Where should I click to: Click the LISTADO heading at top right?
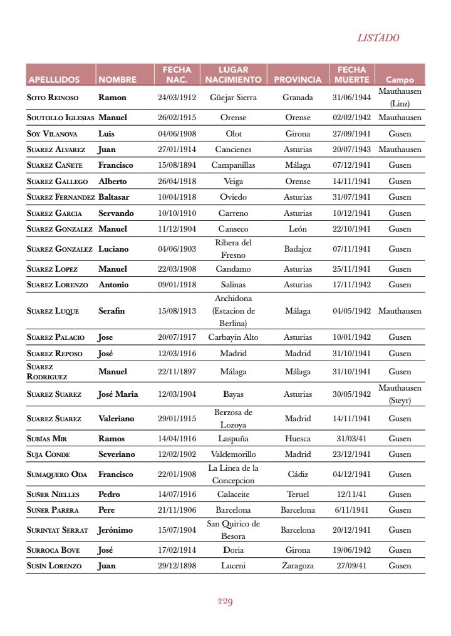(x=378, y=38)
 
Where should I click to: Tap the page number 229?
(x=225, y=602)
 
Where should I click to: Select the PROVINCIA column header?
(x=298, y=80)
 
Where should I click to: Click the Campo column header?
(x=400, y=80)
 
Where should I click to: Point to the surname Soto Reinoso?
(x=53, y=98)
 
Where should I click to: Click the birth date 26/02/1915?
(x=177, y=118)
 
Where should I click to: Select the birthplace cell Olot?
(x=234, y=134)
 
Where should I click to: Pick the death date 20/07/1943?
(x=351, y=150)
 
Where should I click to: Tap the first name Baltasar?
(x=116, y=197)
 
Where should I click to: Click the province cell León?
(x=298, y=229)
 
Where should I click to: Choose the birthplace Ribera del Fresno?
(x=234, y=249)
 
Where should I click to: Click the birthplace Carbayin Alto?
(x=234, y=337)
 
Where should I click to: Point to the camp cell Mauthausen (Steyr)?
(x=400, y=394)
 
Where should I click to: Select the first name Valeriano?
(x=117, y=419)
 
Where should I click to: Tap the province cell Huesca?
(x=298, y=439)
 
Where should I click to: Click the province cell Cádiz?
(x=298, y=474)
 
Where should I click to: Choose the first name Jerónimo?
(x=115, y=530)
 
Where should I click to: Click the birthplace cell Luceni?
(x=234, y=566)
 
